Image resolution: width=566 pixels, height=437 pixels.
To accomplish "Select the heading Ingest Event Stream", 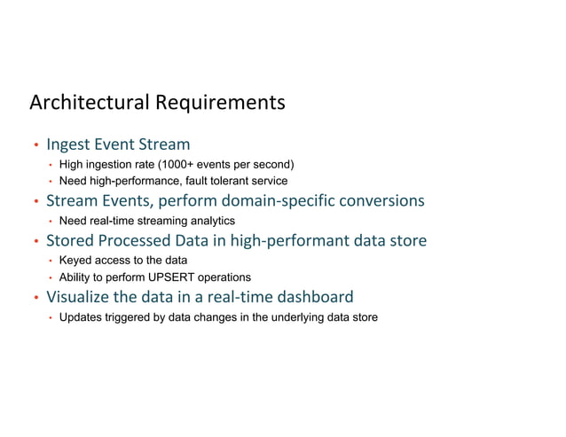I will pyautogui.click(x=118, y=144).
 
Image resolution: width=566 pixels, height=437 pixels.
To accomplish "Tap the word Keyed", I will pyautogui.click(x=75, y=261).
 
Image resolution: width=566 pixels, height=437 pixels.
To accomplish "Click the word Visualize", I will pyautogui.click(x=78, y=297).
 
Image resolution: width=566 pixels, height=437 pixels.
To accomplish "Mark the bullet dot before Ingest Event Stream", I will pyautogui.click(x=35, y=145).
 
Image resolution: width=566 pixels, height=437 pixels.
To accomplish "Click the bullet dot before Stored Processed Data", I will pyautogui.click(x=35, y=242).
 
